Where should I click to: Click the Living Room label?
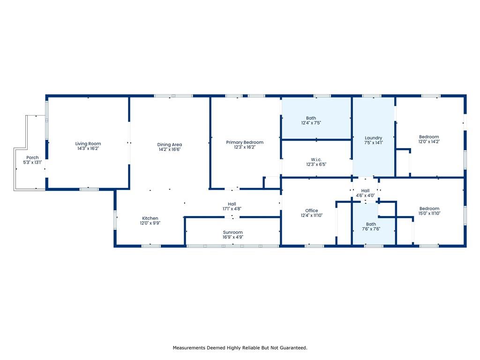click(88, 143)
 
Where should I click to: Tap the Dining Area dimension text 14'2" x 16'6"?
click(170, 150)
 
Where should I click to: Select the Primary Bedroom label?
click(245, 142)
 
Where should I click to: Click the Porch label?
click(32, 157)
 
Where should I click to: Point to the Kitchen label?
click(150, 218)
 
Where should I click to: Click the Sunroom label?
click(232, 232)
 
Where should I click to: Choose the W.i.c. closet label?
click(316, 159)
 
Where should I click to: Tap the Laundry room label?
click(374, 138)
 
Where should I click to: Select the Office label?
click(312, 210)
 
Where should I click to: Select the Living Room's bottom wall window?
click(89, 189)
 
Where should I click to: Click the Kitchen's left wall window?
click(115, 220)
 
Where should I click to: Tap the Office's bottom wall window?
click(315, 246)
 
